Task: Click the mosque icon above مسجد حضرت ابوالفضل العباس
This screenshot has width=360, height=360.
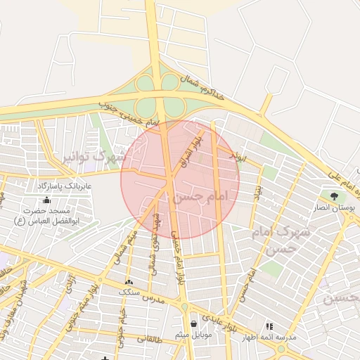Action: (46, 201)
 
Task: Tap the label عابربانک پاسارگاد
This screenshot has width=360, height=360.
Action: (46, 186)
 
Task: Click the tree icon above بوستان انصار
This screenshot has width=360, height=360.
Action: (333, 197)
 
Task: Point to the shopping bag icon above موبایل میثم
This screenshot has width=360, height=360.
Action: (193, 324)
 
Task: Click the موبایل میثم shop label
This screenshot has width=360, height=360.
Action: (193, 335)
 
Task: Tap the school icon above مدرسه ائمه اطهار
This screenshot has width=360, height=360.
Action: (269, 326)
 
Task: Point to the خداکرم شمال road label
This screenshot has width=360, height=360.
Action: (203, 86)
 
